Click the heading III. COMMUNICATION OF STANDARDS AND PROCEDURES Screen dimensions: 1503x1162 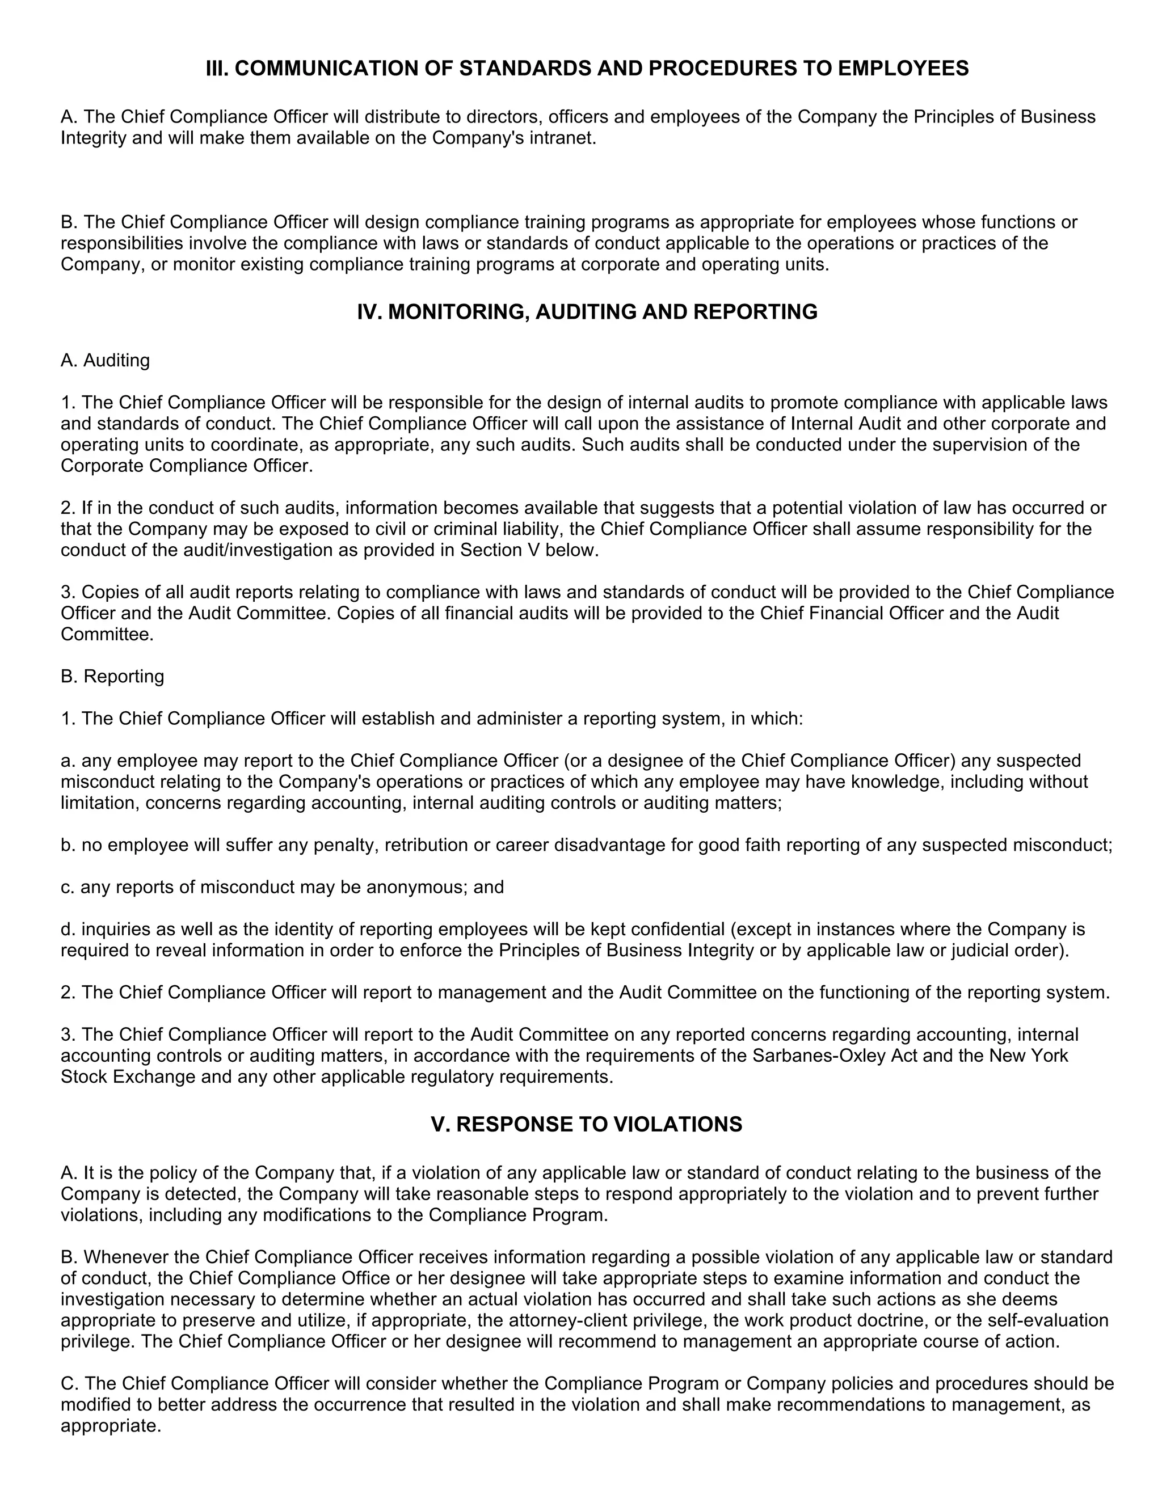(587, 68)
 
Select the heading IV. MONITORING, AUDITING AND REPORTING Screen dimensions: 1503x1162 (587, 312)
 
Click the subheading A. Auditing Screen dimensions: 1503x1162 (106, 360)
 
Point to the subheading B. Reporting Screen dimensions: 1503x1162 (112, 676)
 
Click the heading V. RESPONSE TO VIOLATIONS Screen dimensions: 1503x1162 (587, 1124)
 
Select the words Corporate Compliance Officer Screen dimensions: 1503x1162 (186, 465)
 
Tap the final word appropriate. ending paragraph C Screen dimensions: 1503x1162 (111, 1425)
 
